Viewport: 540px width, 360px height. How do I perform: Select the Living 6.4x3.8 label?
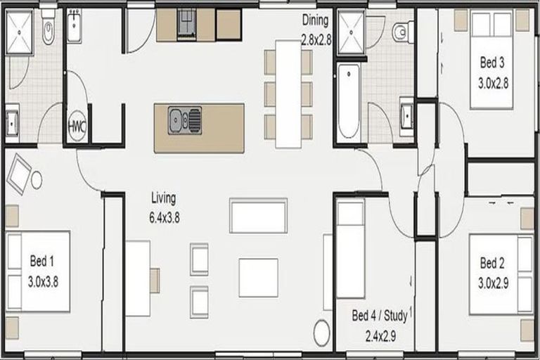click(164, 207)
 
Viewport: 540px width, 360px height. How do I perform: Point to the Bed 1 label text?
click(42, 261)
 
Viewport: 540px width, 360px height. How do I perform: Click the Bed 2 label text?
click(492, 263)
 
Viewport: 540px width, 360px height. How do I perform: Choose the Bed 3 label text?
click(492, 63)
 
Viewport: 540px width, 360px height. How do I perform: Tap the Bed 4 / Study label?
click(380, 316)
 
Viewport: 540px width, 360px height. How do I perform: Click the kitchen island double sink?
click(185, 120)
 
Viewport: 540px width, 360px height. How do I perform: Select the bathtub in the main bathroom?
click(349, 103)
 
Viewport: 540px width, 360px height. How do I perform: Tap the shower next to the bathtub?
click(351, 32)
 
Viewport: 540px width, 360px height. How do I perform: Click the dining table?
click(288, 94)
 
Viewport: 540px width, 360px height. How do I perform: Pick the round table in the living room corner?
click(321, 333)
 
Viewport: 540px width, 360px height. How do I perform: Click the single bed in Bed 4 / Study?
click(350, 250)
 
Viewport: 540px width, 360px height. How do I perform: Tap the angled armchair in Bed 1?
click(19, 174)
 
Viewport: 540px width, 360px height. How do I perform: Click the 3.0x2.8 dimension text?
click(493, 83)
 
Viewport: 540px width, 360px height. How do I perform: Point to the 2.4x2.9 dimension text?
click(380, 336)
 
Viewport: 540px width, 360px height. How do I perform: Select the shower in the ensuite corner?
click(20, 32)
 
